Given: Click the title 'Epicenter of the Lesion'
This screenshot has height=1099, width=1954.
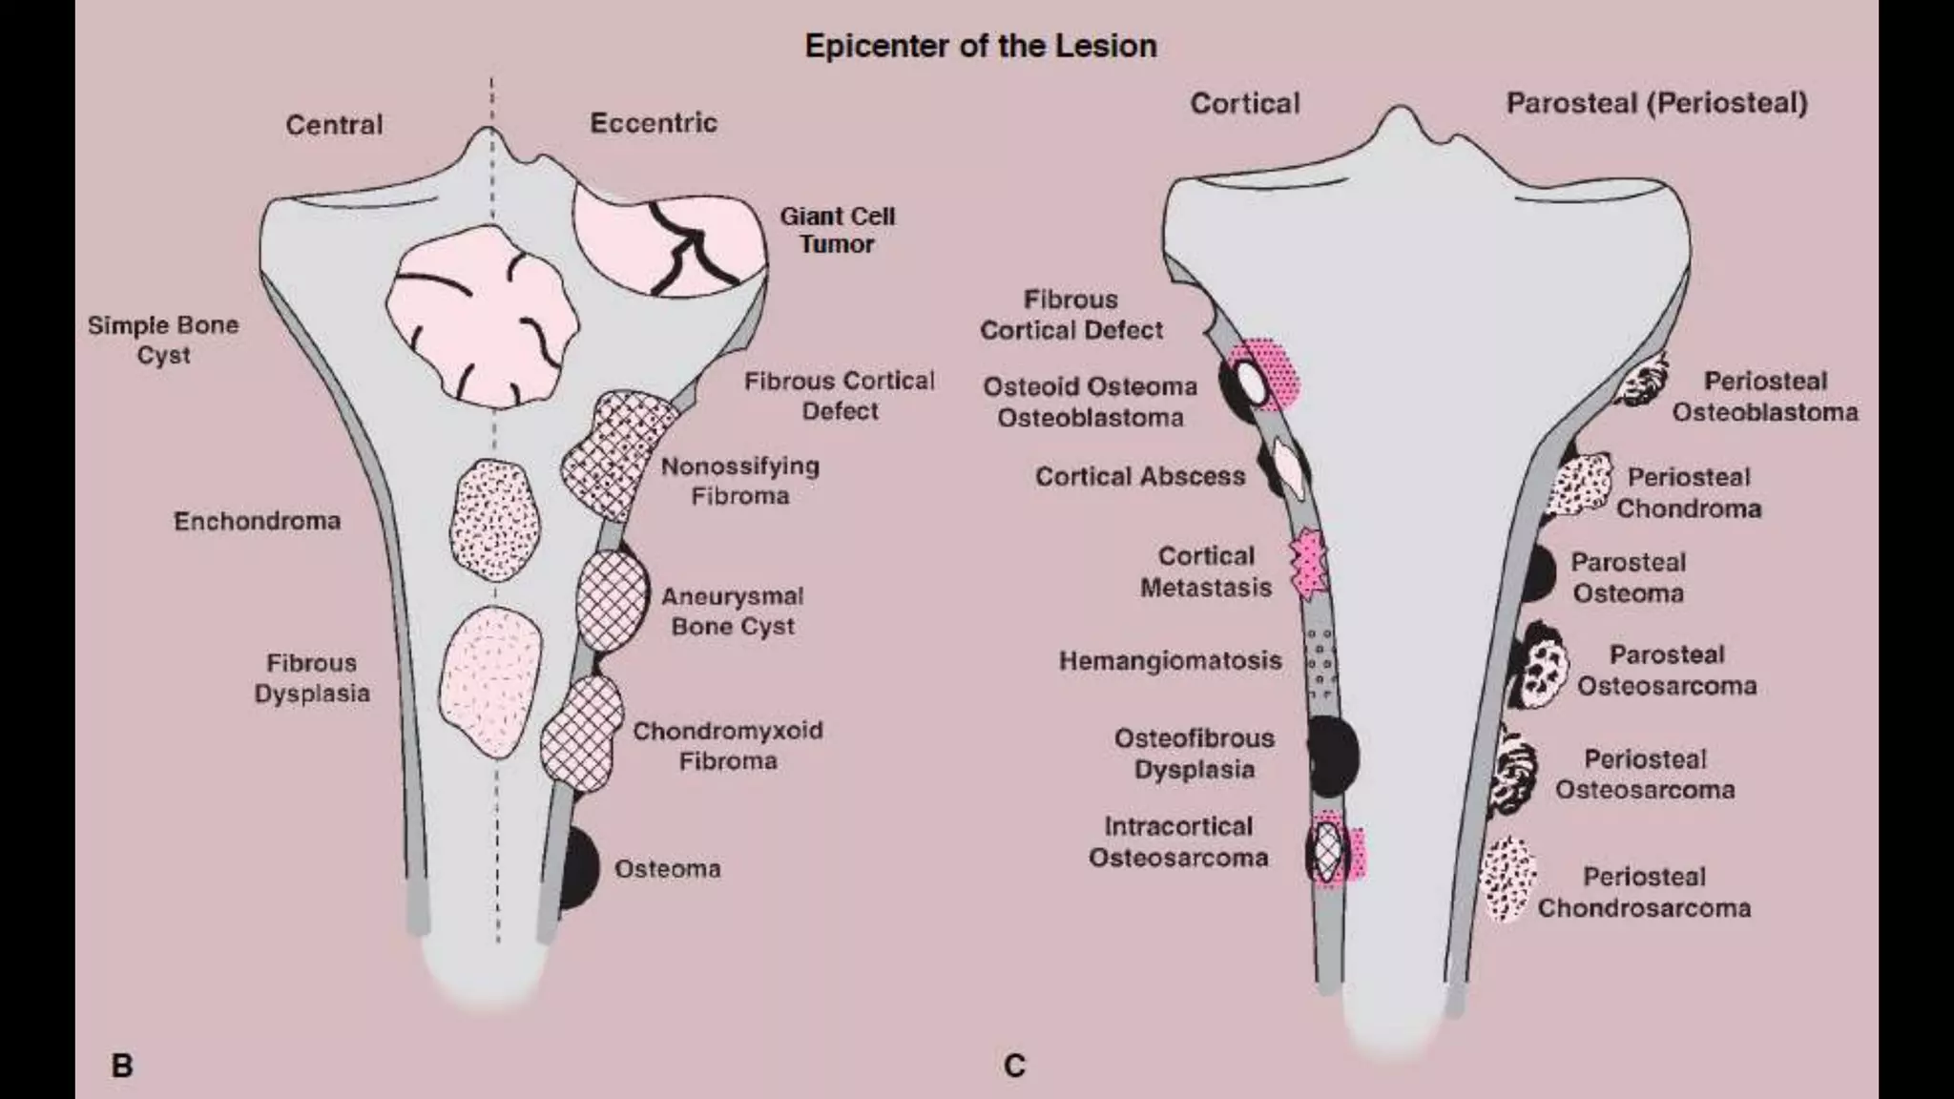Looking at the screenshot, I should pyautogui.click(x=980, y=46).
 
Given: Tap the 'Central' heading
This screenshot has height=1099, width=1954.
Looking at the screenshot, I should pyautogui.click(x=334, y=125).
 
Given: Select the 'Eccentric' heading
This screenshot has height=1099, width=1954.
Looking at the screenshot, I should pyautogui.click(x=654, y=123).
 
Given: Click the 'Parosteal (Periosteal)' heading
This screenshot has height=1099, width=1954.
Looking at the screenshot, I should pyautogui.click(x=1656, y=103).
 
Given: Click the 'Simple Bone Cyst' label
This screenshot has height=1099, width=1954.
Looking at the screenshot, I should pyautogui.click(x=163, y=340).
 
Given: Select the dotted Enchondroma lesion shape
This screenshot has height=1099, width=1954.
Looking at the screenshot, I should pyautogui.click(x=494, y=520).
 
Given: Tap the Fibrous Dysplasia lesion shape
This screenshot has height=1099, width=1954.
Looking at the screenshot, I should pyautogui.click(x=489, y=679).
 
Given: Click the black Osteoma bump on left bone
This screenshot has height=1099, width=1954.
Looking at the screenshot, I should pyautogui.click(x=577, y=868).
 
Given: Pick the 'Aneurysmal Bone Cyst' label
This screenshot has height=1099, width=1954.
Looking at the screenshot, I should pyautogui.click(x=733, y=612).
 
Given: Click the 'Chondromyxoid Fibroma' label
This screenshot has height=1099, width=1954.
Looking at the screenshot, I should pyautogui.click(x=728, y=746).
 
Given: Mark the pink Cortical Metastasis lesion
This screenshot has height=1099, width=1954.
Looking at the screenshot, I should pyautogui.click(x=1308, y=565).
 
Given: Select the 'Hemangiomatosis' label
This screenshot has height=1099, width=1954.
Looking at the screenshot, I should pyautogui.click(x=1170, y=661).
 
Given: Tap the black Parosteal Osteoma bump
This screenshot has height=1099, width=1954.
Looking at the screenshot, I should pyautogui.click(x=1538, y=572).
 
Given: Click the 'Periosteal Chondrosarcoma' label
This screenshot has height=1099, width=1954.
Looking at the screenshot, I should pyautogui.click(x=1644, y=892).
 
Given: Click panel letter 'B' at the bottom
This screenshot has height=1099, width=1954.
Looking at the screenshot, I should pyautogui.click(x=122, y=1065).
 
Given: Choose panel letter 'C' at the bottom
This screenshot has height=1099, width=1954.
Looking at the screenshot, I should pyautogui.click(x=1014, y=1065).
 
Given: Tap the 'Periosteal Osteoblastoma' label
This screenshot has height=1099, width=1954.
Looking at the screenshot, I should pyautogui.click(x=1765, y=397).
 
